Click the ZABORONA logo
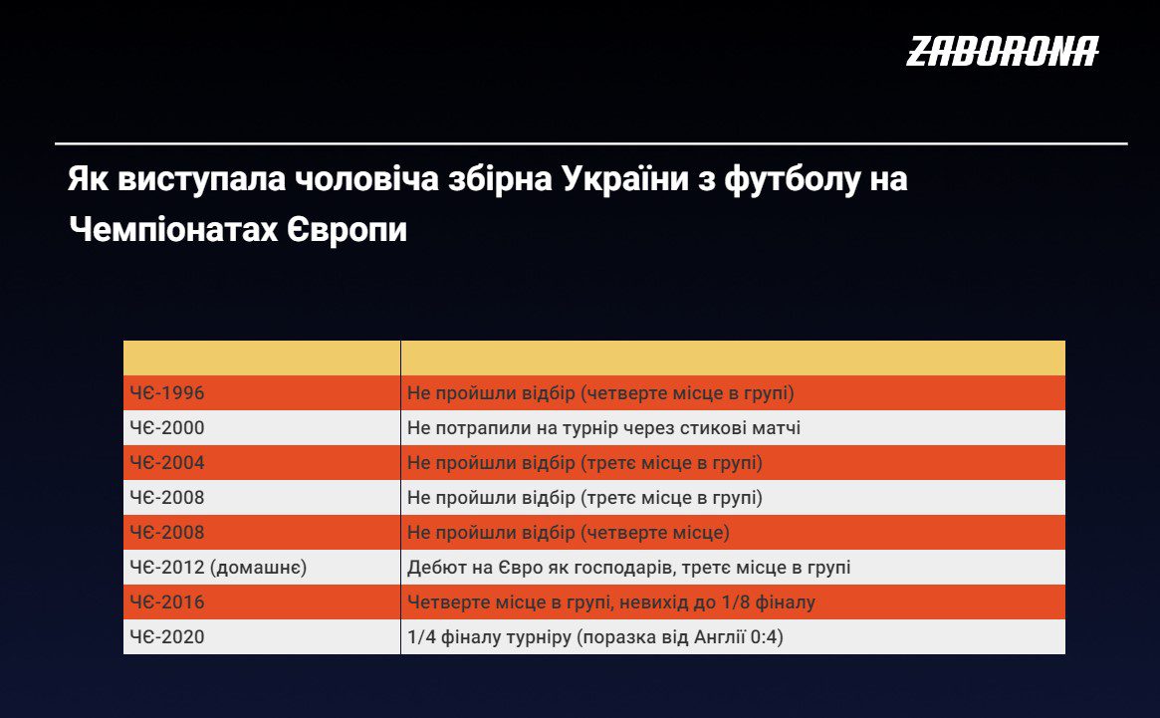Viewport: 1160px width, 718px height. click(1003, 51)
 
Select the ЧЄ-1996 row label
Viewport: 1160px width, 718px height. click(167, 393)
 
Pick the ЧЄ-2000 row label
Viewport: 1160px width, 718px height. click(167, 428)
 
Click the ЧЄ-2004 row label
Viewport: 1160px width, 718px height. click(167, 463)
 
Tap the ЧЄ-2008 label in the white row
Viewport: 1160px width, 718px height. click(167, 497)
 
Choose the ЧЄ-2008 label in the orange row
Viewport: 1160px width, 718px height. click(167, 532)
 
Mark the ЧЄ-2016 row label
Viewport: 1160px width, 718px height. click(167, 601)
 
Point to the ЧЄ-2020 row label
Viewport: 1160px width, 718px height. click(167, 636)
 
